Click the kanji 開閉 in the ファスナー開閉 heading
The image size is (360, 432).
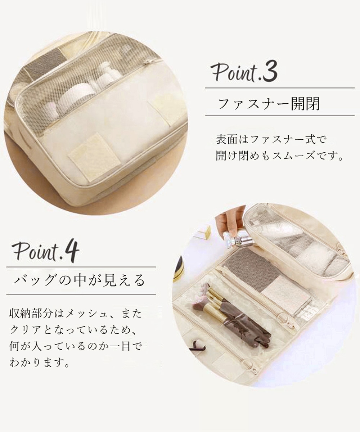tap(305, 104)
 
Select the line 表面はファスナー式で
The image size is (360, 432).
tap(271, 140)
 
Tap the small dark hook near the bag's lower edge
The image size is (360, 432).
tap(199, 347)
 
